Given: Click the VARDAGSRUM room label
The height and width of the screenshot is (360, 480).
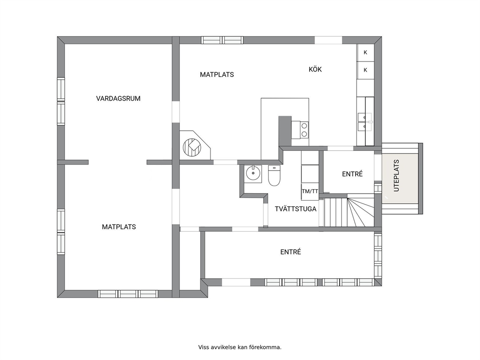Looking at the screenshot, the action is tap(118, 99).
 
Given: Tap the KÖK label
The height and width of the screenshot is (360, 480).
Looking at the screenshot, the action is tap(315, 70).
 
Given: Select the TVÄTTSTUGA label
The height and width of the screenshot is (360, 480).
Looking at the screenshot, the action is tap(296, 209).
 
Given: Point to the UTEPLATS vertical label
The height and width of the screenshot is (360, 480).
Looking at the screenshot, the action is tap(396, 176).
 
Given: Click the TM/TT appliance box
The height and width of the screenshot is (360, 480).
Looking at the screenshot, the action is tap(310, 192).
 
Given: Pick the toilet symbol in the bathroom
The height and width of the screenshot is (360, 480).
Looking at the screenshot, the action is tap(274, 176).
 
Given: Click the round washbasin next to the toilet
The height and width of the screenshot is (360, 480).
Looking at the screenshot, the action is tap(254, 174).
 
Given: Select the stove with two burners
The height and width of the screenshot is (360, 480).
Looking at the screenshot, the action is tap(304, 130).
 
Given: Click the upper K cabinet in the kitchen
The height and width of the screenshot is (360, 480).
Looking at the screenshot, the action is tap(365, 53).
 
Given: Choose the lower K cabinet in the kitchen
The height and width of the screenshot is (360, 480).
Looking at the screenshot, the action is tap(365, 70).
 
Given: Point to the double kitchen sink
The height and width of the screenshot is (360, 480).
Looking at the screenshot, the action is tap(364, 121).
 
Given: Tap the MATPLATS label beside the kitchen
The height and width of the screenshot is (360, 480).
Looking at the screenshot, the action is tap(217, 75).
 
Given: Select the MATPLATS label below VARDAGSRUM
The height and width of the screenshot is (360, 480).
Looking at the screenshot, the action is tap(119, 227).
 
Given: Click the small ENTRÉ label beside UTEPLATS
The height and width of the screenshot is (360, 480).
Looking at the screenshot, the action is tap(352, 174).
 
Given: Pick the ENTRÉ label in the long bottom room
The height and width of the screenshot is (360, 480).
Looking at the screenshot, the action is tap(290, 252).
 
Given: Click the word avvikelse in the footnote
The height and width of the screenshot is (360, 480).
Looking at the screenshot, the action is tap(223, 347).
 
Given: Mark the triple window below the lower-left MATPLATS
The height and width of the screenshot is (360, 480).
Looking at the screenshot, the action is tap(128, 294).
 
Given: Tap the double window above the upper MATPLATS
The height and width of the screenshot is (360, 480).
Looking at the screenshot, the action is tap(222, 41).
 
